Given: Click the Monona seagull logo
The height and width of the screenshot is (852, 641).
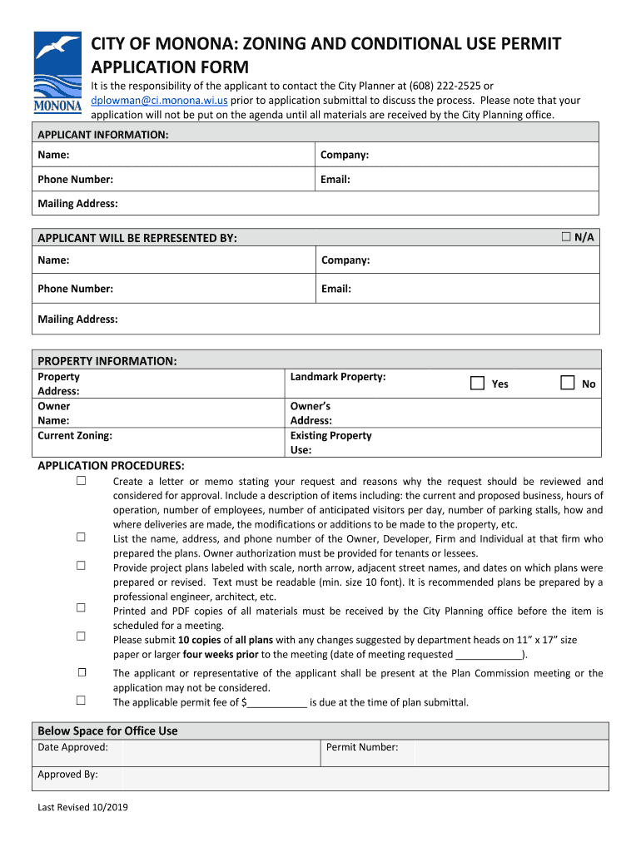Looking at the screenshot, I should (x=57, y=72).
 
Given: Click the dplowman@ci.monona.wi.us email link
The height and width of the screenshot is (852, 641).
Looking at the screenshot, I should (x=159, y=100).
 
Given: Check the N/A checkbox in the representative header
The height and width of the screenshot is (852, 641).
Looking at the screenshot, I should (x=566, y=237).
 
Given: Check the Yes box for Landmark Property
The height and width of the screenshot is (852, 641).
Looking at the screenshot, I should (x=477, y=384).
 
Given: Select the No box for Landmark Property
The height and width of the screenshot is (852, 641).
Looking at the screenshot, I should (x=567, y=384).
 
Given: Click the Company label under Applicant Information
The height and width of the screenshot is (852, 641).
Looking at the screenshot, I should (x=345, y=155).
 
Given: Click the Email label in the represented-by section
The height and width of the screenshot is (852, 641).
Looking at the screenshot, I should (x=335, y=289).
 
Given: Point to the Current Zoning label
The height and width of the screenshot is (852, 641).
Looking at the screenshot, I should (x=75, y=435).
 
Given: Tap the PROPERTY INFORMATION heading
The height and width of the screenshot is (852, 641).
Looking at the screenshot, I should (x=107, y=360).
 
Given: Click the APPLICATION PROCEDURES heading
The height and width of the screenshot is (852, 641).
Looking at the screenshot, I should (x=111, y=465).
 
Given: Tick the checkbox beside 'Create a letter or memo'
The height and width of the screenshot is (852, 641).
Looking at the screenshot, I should (x=82, y=482).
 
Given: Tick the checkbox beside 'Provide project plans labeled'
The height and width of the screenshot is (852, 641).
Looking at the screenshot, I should (x=82, y=565).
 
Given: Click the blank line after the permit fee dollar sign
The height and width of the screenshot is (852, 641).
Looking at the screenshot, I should (x=277, y=703).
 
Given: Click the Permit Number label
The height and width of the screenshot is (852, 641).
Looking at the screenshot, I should (x=362, y=747).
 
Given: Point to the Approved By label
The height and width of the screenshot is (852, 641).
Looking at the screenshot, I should (x=67, y=774).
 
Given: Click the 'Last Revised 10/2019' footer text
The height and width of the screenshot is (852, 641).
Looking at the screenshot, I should (x=82, y=807).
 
